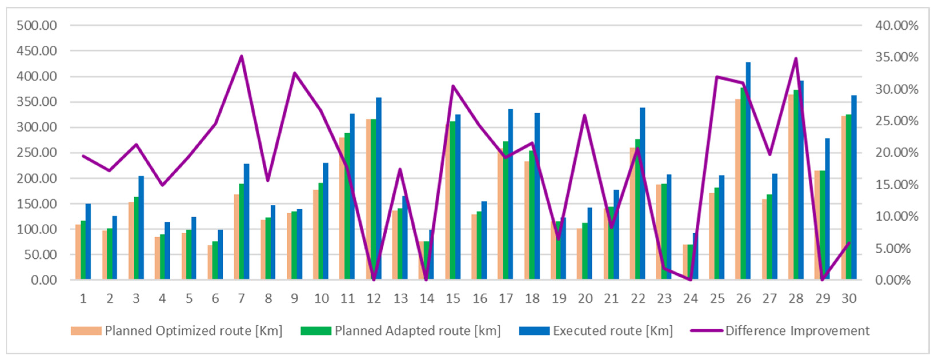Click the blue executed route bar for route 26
pyautogui.click(x=748, y=170)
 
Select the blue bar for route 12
pyautogui.click(x=379, y=189)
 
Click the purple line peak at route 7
pyautogui.click(x=241, y=56)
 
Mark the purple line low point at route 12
pyautogui.click(x=374, y=279)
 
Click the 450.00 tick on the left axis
pyautogui.click(x=37, y=51)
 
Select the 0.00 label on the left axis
pyautogui.click(x=44, y=280)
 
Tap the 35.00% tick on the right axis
pyautogui.click(x=896, y=57)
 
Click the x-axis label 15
pyautogui.click(x=453, y=299)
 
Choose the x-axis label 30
pyautogui.click(x=849, y=299)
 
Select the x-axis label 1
pyautogui.click(x=83, y=299)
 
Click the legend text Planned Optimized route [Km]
pyautogui.click(x=193, y=331)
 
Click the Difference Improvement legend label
pyautogui.click(x=797, y=331)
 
